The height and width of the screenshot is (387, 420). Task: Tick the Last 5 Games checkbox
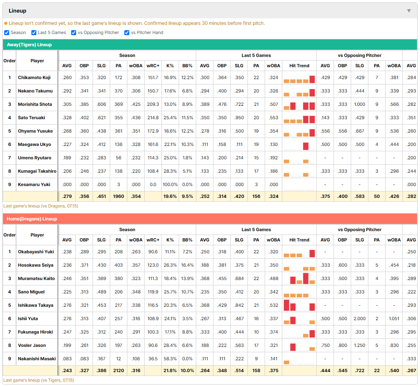tap(34, 32)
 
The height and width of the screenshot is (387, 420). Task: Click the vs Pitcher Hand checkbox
tap(127, 32)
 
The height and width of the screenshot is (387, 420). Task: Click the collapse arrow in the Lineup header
tap(409, 11)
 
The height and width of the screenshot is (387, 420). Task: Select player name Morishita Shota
tap(35, 104)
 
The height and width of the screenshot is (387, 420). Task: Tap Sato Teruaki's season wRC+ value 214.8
tap(153, 118)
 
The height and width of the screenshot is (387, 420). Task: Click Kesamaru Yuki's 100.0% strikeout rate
tap(170, 185)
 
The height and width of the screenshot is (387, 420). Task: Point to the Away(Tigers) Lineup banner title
tap(29, 45)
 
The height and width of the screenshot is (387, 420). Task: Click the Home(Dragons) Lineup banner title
tap(32, 219)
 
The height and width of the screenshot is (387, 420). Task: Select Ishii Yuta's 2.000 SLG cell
tap(360, 319)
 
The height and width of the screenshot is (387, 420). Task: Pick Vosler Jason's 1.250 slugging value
tap(360, 345)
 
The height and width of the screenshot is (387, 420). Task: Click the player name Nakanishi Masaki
tap(37, 359)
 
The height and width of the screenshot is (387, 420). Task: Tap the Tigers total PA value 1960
tap(119, 196)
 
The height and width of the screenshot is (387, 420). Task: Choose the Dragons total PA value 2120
tap(119, 371)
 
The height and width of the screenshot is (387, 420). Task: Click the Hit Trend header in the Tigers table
tap(299, 66)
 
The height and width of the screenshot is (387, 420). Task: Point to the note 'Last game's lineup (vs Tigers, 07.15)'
tap(39, 380)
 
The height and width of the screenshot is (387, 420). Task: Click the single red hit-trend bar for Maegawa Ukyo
tap(306, 146)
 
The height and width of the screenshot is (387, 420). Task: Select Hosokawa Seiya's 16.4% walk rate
tap(187, 265)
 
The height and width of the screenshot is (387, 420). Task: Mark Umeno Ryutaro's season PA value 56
tap(119, 158)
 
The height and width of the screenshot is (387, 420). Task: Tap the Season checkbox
tap(7, 32)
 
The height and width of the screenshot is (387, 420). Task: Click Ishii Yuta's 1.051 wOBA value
tap(394, 319)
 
